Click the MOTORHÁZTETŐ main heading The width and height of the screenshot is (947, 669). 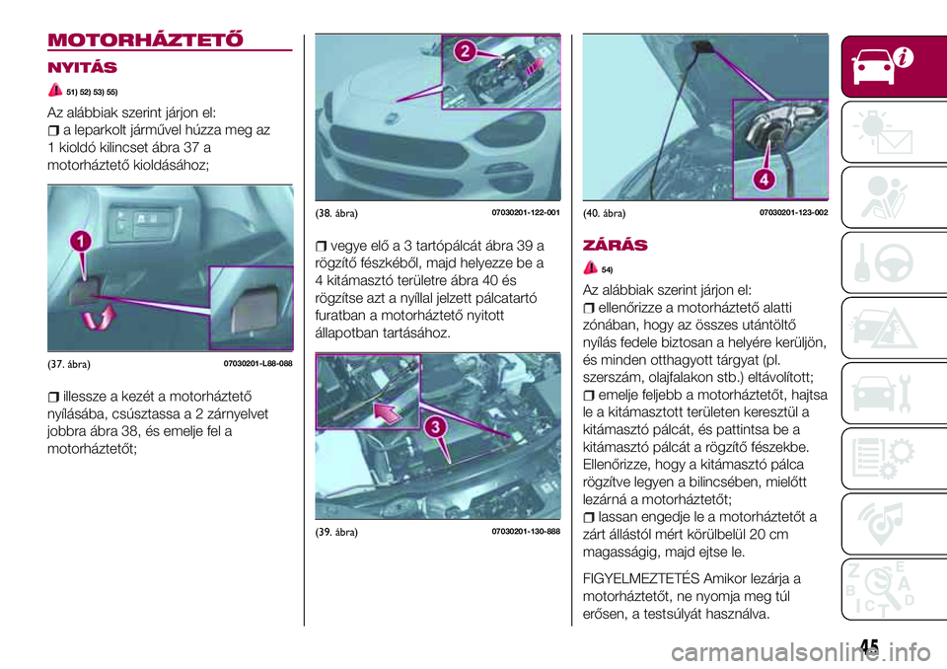tap(146, 39)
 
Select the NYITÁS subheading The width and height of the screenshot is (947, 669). tap(82, 67)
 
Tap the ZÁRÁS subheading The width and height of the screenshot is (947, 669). tap(615, 246)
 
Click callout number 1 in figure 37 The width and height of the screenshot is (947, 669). tap(80, 243)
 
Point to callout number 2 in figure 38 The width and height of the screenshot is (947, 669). tap(465, 50)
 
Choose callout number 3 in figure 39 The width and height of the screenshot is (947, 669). tap(435, 428)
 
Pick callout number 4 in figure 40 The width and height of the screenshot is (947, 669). tap(764, 180)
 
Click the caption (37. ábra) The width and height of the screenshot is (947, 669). tap(69, 364)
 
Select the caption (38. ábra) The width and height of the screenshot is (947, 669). tap(336, 213)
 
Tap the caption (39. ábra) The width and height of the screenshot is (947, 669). tap(336, 533)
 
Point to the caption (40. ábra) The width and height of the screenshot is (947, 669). tap(604, 213)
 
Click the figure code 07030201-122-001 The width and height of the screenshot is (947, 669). tap(526, 213)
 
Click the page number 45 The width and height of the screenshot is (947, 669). tap(869, 647)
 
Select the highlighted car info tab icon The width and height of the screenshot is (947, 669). tap(882, 65)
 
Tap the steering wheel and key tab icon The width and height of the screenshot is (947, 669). tap(884, 262)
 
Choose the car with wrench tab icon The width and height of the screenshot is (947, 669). tap(884, 393)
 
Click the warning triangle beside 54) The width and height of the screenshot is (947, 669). tap(591, 267)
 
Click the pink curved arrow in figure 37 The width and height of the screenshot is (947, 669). tap(99, 318)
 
